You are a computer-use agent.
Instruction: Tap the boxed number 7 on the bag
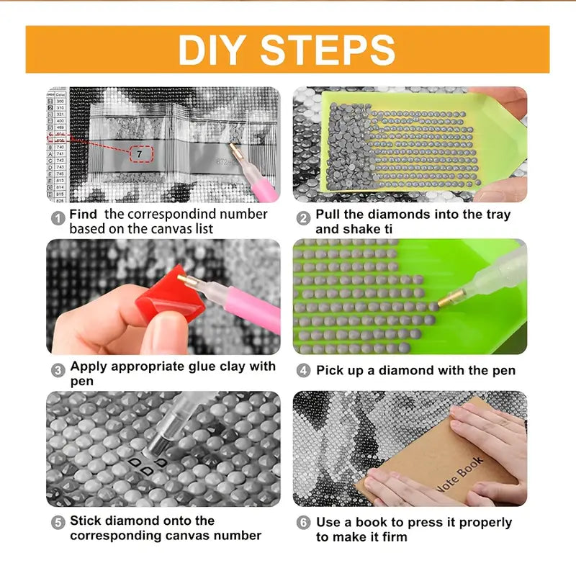[x=139, y=154]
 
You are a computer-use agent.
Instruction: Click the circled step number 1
[x=58, y=215]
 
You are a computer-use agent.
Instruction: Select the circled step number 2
[x=303, y=215]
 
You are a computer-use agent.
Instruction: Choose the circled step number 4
[x=303, y=370]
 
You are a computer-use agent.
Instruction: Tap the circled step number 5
[x=58, y=521]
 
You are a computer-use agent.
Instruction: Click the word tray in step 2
[x=497, y=215]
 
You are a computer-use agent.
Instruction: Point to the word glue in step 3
[x=190, y=366]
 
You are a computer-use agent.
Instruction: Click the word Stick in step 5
[x=86, y=521]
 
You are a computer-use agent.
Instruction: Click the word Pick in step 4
[x=330, y=370]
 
